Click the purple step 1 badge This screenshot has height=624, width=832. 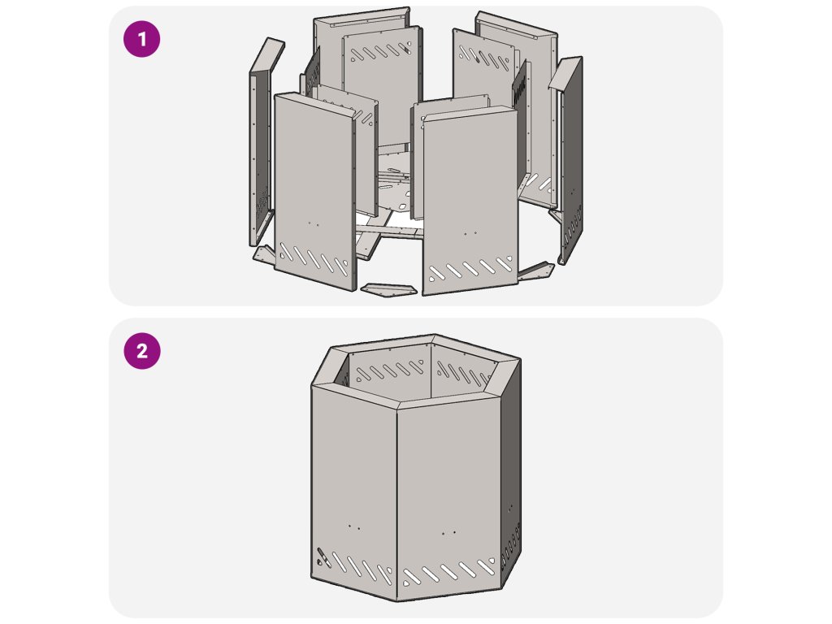coord(141,39)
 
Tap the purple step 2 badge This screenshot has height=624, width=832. coord(141,351)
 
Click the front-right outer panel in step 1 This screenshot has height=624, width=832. coord(470,200)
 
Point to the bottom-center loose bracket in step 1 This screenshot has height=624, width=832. coord(389,289)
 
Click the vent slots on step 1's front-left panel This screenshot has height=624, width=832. coord(313,259)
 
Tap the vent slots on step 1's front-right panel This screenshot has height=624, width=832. coord(470,268)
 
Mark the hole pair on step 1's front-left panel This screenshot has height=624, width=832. coord(314,224)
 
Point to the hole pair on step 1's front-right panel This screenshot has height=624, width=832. coord(470,232)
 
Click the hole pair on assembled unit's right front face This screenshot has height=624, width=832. coord(448,532)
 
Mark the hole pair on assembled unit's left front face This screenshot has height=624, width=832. coord(354,527)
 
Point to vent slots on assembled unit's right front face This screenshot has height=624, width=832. coord(448,573)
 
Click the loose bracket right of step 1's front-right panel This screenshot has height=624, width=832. coord(536,271)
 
